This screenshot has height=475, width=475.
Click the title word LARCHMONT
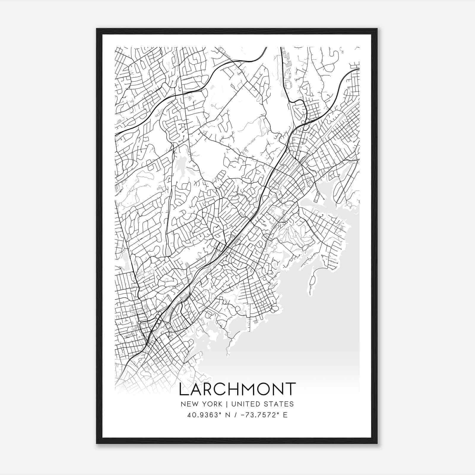tap(237, 389)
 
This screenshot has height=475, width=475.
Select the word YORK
tap(211, 404)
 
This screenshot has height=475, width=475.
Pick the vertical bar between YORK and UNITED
tap(227, 404)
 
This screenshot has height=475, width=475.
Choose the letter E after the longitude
tap(285, 415)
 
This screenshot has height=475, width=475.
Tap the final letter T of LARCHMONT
tap(290, 389)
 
